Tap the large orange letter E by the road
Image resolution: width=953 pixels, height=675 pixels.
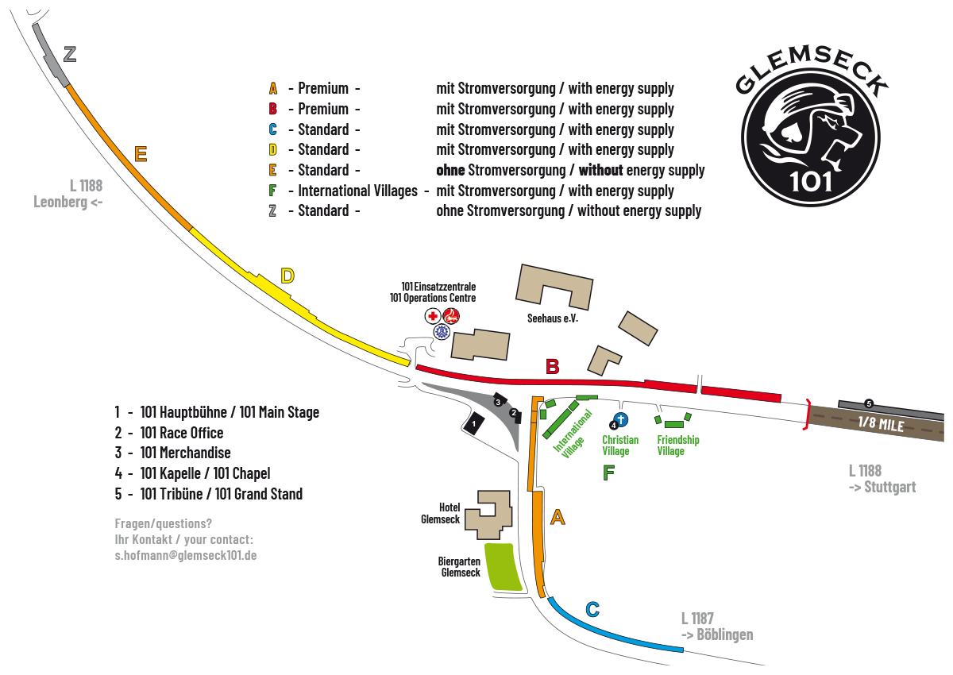[x=141, y=154]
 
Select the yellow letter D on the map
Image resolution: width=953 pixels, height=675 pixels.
[x=287, y=276]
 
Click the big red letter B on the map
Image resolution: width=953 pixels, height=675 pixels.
[x=553, y=367]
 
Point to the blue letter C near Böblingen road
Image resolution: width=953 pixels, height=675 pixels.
[x=592, y=610]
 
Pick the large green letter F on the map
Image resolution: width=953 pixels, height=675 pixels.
[x=609, y=473]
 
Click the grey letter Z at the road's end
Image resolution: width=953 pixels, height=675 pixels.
[x=70, y=55]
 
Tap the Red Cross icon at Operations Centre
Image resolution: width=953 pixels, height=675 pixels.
[x=433, y=316]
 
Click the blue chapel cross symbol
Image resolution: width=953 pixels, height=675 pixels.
[x=622, y=420]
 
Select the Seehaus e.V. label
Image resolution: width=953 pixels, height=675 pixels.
[x=553, y=318]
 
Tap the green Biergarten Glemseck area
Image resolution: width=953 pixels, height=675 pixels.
[x=504, y=567]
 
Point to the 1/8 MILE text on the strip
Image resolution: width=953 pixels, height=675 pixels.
[x=882, y=424]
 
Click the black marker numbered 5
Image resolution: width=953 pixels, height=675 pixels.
[x=869, y=403]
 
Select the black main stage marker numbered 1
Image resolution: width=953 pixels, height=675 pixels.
[x=473, y=424]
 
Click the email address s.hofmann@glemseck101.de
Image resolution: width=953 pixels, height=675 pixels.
[x=186, y=556]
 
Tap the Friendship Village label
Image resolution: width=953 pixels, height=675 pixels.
[x=678, y=445]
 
